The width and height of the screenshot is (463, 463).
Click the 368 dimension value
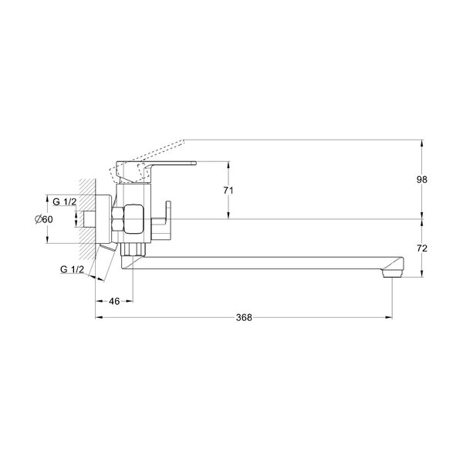point(244,317)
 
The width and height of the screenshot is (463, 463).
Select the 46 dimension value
point(114,301)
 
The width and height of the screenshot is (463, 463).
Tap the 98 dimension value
point(421,179)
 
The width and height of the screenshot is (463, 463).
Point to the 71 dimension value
point(228,191)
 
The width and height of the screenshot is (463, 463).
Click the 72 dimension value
point(422,248)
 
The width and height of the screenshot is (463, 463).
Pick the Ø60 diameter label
point(44,219)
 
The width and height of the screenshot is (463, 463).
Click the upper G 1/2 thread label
point(64,201)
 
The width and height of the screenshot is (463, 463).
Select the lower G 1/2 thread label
point(72,269)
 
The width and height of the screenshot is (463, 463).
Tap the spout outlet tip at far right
point(392,274)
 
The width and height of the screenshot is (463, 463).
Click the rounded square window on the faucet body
point(133,219)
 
